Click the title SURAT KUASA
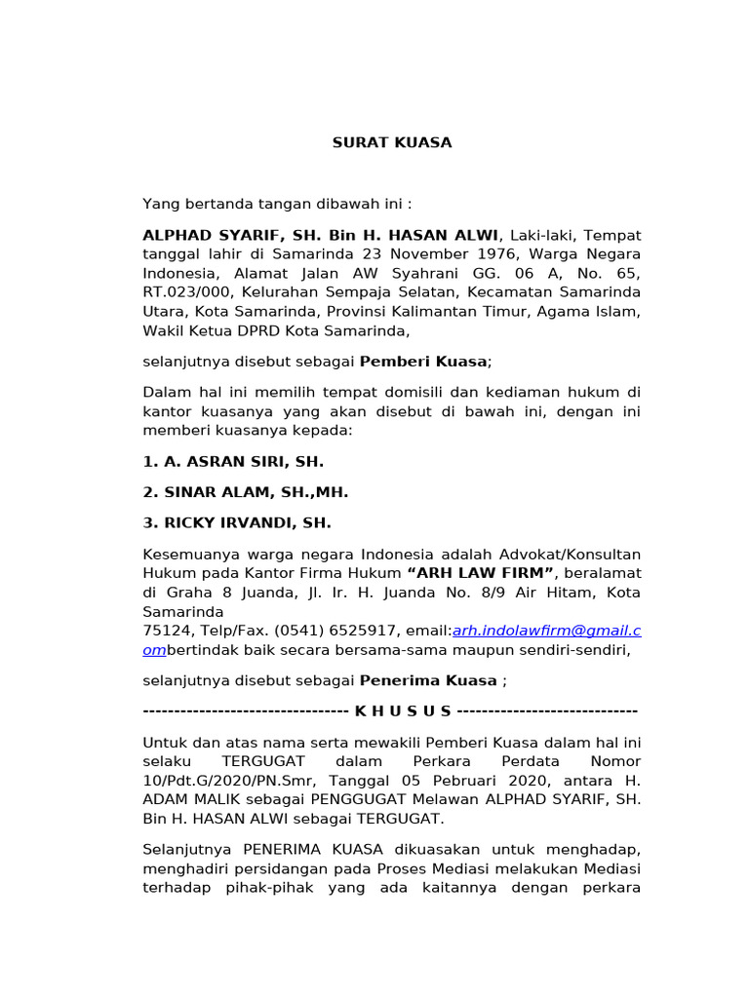point(392,143)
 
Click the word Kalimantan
point(485,311)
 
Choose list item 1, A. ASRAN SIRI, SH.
point(233,461)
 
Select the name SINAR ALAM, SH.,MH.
point(246,492)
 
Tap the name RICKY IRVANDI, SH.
point(237,523)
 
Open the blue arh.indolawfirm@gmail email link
point(546,631)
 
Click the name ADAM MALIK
point(189,799)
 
